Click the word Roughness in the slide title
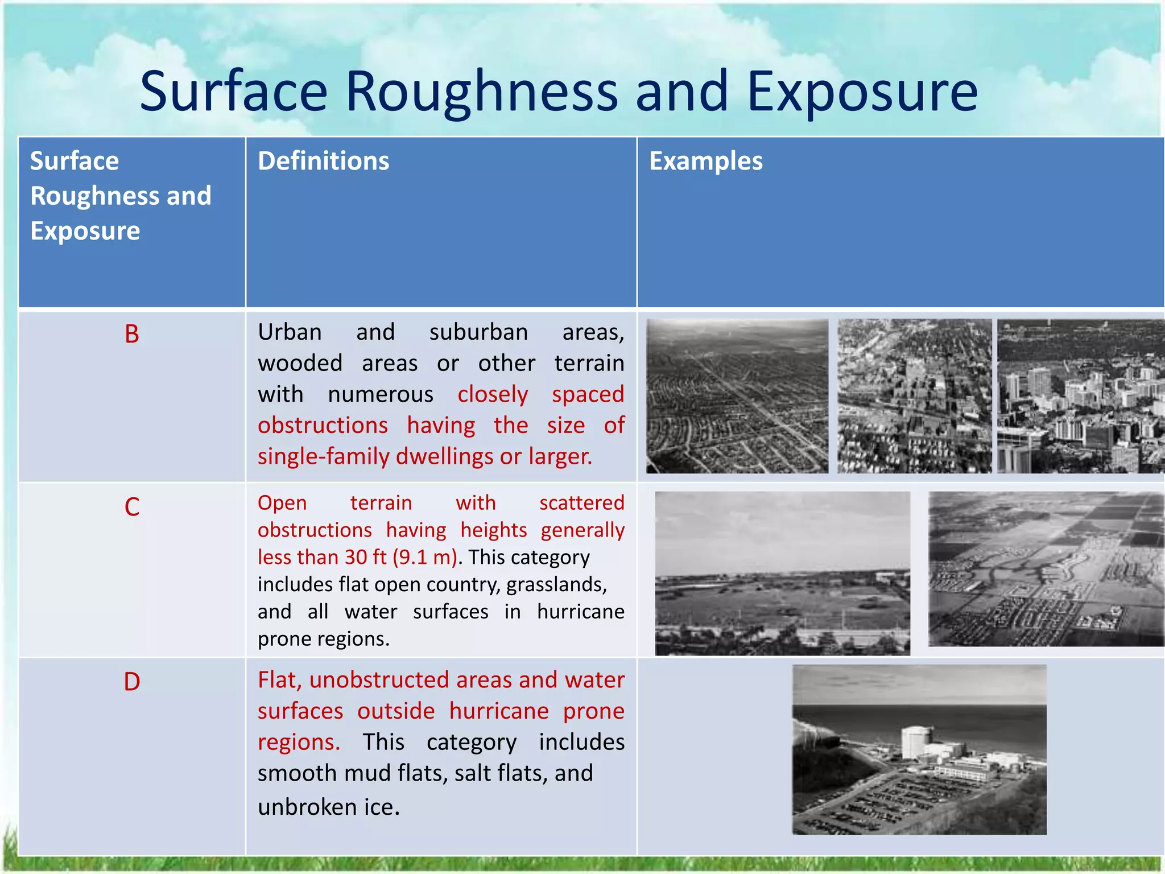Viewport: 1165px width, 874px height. click(x=481, y=91)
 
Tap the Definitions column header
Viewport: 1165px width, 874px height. click(x=323, y=161)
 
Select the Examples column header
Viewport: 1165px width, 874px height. click(x=705, y=161)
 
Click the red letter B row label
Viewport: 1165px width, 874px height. click(x=131, y=334)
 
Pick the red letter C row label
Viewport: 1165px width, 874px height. click(x=131, y=506)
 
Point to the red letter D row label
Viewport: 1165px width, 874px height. click(x=131, y=681)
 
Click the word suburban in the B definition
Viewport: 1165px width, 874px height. click(x=478, y=332)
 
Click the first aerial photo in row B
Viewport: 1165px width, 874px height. click(x=737, y=396)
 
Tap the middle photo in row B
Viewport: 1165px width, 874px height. click(x=914, y=396)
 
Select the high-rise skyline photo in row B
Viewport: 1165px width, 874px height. click(x=1081, y=396)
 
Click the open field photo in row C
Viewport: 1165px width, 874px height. click(x=782, y=573)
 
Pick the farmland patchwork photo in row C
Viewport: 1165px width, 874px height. click(x=1046, y=569)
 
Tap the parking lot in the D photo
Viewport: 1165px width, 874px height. click(x=887, y=802)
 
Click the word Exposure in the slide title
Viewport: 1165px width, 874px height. click(x=862, y=91)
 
